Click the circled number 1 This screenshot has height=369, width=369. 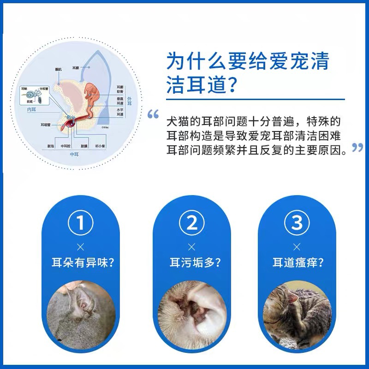81,223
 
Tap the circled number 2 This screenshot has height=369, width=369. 192,223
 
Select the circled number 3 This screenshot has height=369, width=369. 297,223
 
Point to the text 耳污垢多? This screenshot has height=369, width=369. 192,263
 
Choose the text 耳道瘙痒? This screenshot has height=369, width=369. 298,263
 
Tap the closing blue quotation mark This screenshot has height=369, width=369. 357,148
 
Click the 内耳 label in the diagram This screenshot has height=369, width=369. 32,110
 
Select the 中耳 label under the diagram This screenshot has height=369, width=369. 74,154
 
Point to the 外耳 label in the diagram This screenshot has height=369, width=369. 129,101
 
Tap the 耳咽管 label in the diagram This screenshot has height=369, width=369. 45,124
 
